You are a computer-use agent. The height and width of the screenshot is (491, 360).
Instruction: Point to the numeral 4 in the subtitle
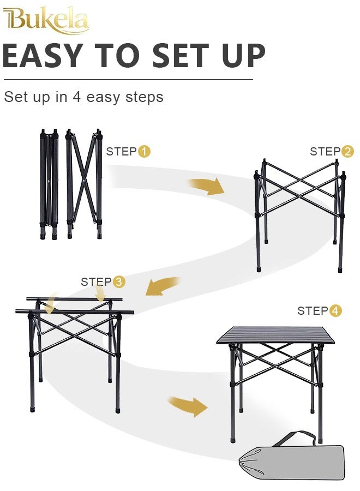(77, 97)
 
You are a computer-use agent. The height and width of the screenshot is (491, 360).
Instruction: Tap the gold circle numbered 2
(347, 152)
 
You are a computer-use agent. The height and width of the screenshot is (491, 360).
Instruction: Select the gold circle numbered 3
(119, 282)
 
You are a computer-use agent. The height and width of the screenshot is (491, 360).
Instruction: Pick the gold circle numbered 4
(335, 311)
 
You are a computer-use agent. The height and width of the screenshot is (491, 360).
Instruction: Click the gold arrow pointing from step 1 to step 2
(207, 186)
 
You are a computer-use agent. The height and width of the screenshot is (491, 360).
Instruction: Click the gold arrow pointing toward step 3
(162, 286)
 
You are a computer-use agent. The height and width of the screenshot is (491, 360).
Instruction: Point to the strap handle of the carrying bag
(294, 437)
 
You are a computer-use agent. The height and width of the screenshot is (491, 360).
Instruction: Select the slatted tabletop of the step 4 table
(275, 334)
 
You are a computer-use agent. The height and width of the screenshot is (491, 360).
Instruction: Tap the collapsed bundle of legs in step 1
(49, 184)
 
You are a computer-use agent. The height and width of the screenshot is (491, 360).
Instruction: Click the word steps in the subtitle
(145, 97)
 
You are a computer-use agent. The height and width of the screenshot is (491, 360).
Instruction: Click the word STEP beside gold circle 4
(313, 311)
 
